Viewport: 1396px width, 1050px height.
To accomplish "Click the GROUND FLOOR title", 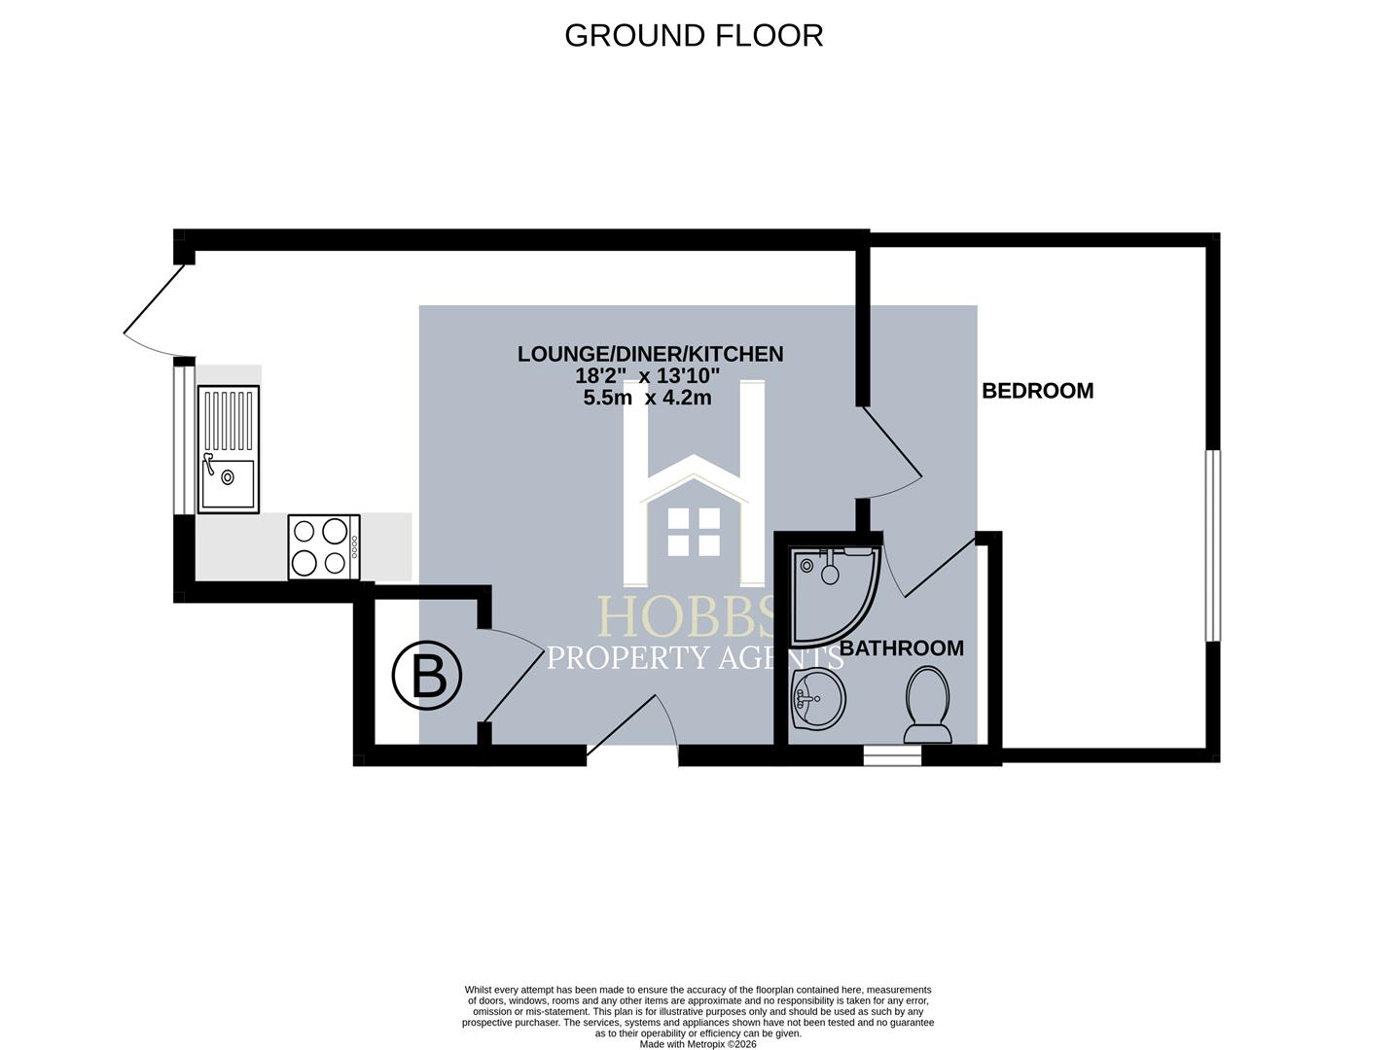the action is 694,36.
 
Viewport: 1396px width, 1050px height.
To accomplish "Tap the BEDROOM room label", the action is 1037,391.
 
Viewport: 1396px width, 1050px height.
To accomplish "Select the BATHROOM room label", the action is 902,648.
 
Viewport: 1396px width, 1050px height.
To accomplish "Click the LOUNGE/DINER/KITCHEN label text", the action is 650,354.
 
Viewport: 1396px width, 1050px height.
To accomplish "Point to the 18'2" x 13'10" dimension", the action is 647,376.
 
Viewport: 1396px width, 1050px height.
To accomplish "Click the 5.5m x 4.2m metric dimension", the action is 647,399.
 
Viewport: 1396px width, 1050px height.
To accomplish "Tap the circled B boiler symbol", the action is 427,677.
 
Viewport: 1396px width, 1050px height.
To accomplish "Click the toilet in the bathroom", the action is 928,704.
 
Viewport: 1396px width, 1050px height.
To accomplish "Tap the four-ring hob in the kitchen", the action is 324,547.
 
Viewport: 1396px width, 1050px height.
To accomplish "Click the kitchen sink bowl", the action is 228,484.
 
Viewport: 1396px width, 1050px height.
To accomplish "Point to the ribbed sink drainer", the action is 229,420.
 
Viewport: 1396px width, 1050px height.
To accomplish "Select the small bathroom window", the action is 892,755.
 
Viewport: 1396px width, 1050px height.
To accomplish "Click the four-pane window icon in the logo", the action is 694,532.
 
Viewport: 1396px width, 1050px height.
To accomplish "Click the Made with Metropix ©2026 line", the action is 698,1043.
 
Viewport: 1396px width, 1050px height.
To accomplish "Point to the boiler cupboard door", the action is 513,677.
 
